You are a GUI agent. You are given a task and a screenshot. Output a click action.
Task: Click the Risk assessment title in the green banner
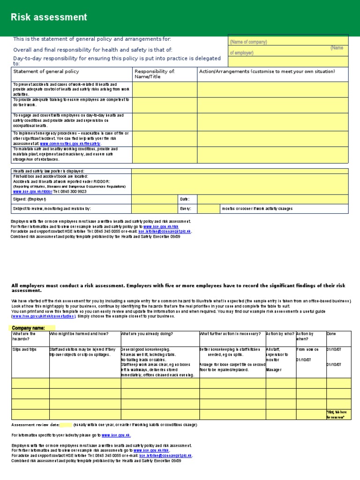click(49, 17)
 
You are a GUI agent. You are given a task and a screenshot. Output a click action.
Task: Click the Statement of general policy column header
click(46, 72)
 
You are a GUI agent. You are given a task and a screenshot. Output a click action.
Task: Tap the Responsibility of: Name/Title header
click(154, 74)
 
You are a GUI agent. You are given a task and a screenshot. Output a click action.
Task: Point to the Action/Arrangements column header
click(267, 72)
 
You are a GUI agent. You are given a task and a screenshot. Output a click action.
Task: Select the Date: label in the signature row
click(185, 199)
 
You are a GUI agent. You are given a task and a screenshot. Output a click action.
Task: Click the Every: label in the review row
click(186, 209)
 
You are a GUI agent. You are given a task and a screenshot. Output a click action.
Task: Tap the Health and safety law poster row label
click(49, 171)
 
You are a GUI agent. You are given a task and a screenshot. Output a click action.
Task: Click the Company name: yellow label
click(28, 328)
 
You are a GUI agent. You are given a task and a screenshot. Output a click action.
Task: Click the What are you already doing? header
click(147, 334)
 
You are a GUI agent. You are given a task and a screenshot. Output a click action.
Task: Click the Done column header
click(330, 334)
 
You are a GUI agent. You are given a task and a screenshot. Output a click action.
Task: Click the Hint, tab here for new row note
click(337, 414)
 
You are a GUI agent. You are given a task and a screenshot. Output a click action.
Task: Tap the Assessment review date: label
click(35, 425)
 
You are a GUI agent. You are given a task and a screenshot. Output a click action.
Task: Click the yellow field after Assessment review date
click(66, 425)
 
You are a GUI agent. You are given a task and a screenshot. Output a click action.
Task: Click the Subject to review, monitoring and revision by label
click(52, 209)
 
